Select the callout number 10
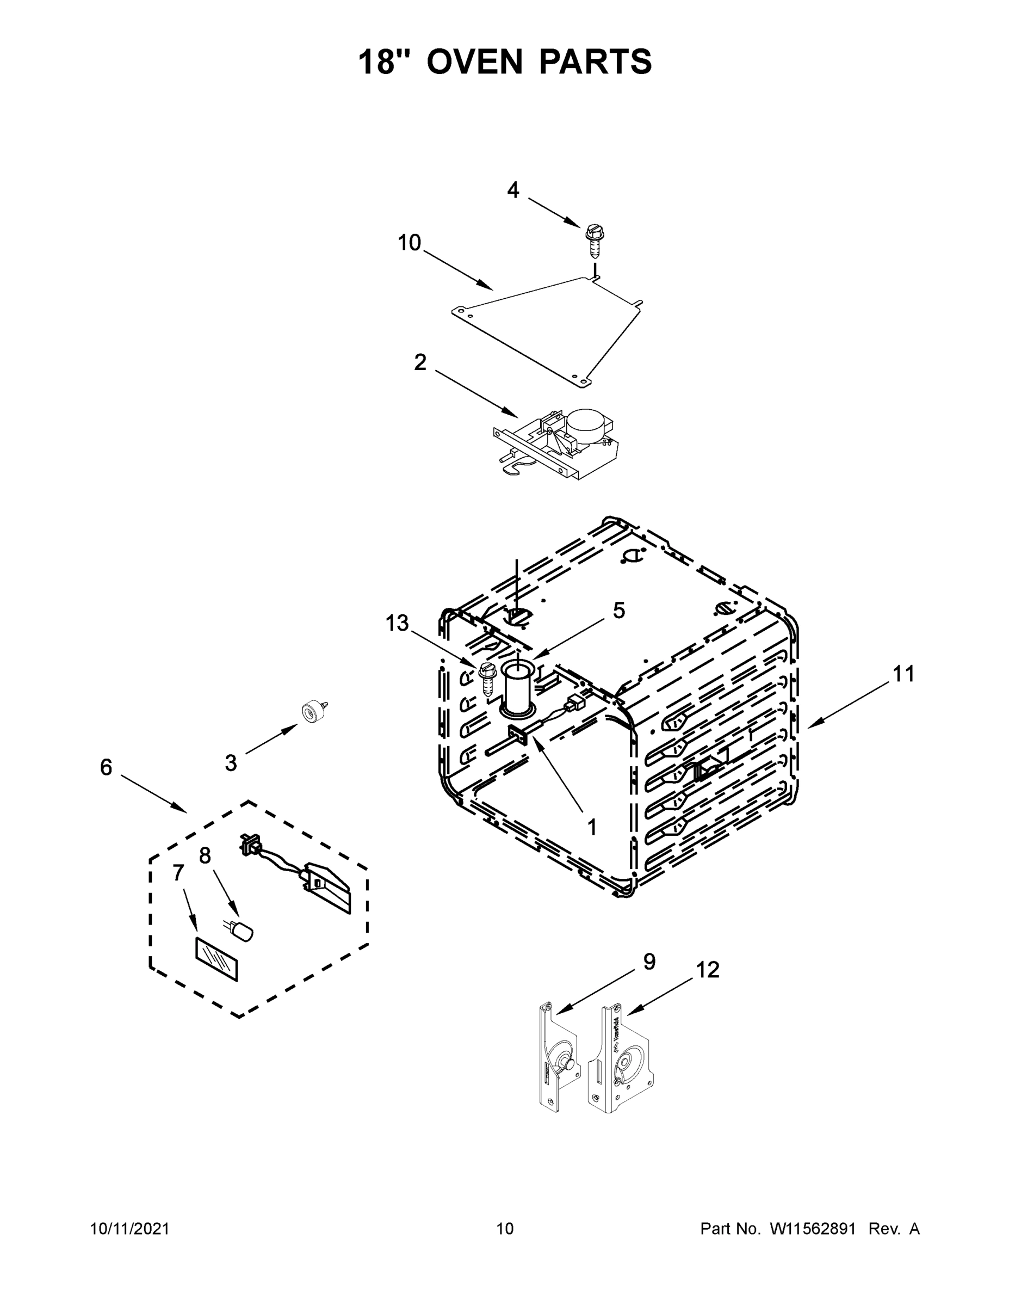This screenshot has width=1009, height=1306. coord(410,243)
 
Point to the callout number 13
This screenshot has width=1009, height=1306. coord(397,623)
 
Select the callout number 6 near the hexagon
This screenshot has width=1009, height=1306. coord(106,767)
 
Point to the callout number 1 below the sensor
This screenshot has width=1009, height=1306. coord(592,827)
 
